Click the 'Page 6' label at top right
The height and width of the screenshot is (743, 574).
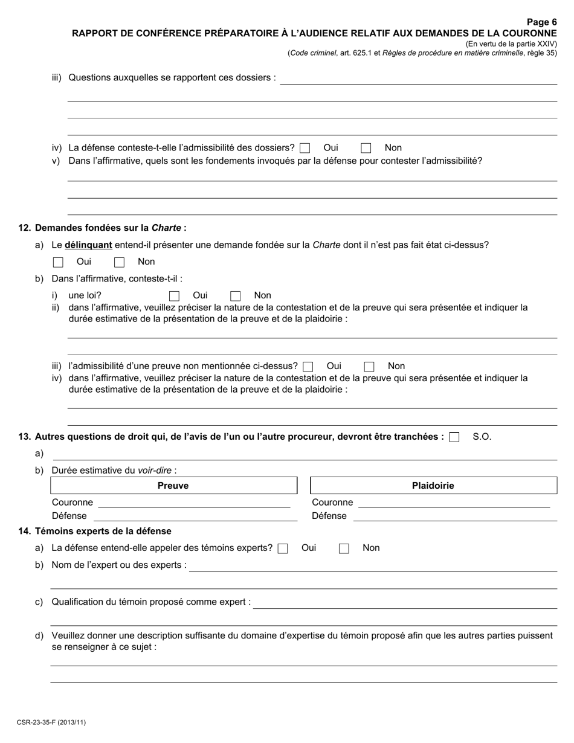coord(541,22)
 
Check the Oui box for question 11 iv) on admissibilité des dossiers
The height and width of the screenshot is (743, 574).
coord(305,148)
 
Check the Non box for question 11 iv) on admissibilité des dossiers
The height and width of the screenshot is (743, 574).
coord(366,148)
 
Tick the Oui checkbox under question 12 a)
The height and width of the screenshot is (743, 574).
coord(58,262)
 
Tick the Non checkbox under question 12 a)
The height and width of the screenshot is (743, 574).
coord(119,262)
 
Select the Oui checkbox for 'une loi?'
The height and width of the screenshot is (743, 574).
coord(174,296)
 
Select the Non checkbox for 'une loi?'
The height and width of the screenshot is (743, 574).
coord(236,296)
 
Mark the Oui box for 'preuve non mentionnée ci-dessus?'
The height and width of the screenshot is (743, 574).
coord(308,366)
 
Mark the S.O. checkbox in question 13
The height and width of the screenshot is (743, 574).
coord(454,437)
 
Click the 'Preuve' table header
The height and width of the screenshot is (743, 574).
coord(173,486)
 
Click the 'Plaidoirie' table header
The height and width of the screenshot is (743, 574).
coord(433,486)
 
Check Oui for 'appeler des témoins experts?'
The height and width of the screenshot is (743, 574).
coord(282,548)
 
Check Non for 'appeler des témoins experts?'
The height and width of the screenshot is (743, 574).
coord(344,548)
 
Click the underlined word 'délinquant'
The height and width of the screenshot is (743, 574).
coord(88,245)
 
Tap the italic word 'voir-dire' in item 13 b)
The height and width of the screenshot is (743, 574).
coord(155,470)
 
